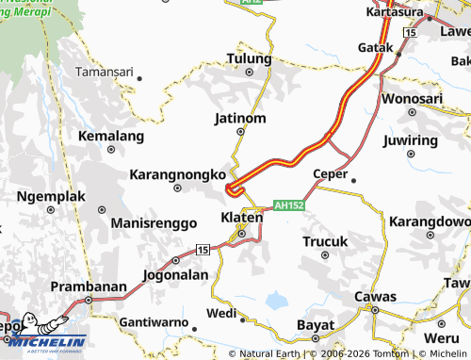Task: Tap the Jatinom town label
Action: tap(241, 119)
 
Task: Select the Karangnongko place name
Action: tap(177, 174)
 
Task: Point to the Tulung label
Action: tap(249, 59)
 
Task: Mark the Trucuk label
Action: tap(325, 242)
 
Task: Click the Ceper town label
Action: tap(331, 173)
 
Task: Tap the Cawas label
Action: tap(375, 294)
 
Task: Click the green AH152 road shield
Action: tap(288, 205)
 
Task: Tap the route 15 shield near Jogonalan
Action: tap(203, 249)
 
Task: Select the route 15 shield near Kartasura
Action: tap(409, 33)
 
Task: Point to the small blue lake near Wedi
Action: tap(276, 302)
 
